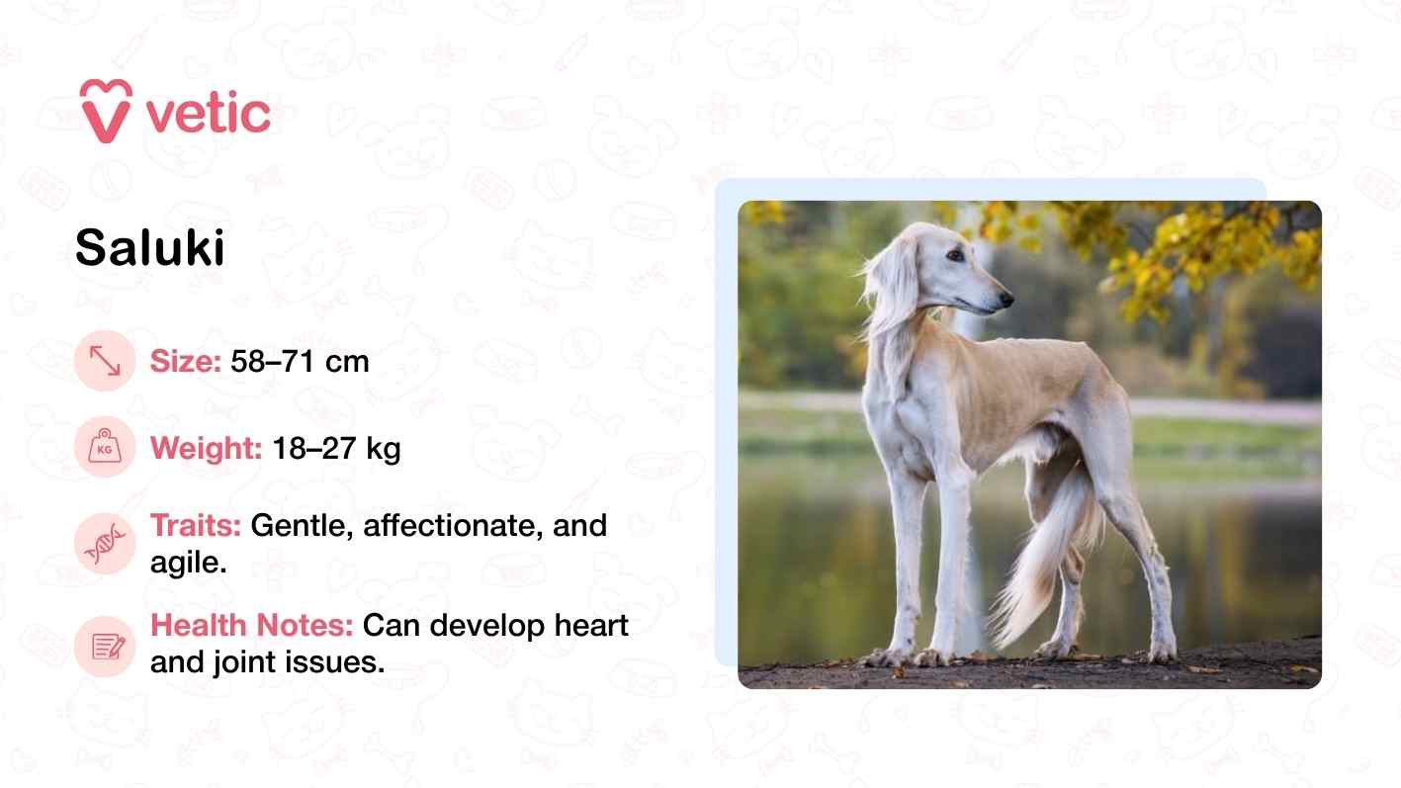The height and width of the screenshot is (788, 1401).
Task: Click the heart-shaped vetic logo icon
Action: pyautogui.click(x=106, y=110)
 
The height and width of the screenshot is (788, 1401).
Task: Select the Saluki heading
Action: pyautogui.click(x=150, y=248)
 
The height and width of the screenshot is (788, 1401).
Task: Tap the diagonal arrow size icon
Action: pyautogui.click(x=104, y=362)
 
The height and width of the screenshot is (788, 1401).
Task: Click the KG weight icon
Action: pyautogui.click(x=104, y=449)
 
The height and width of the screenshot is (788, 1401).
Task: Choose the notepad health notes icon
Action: pyautogui.click(x=104, y=646)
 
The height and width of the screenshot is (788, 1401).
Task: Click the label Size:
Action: pyautogui.click(x=185, y=362)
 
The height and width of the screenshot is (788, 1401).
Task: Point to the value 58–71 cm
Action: pyautogui.click(x=300, y=362)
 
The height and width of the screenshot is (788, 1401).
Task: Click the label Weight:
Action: pyautogui.click(x=206, y=449)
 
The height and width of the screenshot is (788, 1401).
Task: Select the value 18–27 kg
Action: pyautogui.click(x=336, y=449)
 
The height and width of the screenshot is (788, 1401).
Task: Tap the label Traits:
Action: pyautogui.click(x=195, y=525)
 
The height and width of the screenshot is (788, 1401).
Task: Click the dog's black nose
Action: pyautogui.click(x=1007, y=297)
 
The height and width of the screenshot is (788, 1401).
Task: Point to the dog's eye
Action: pyautogui.click(x=955, y=255)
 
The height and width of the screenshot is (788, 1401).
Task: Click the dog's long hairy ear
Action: pyautogui.click(x=893, y=287)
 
